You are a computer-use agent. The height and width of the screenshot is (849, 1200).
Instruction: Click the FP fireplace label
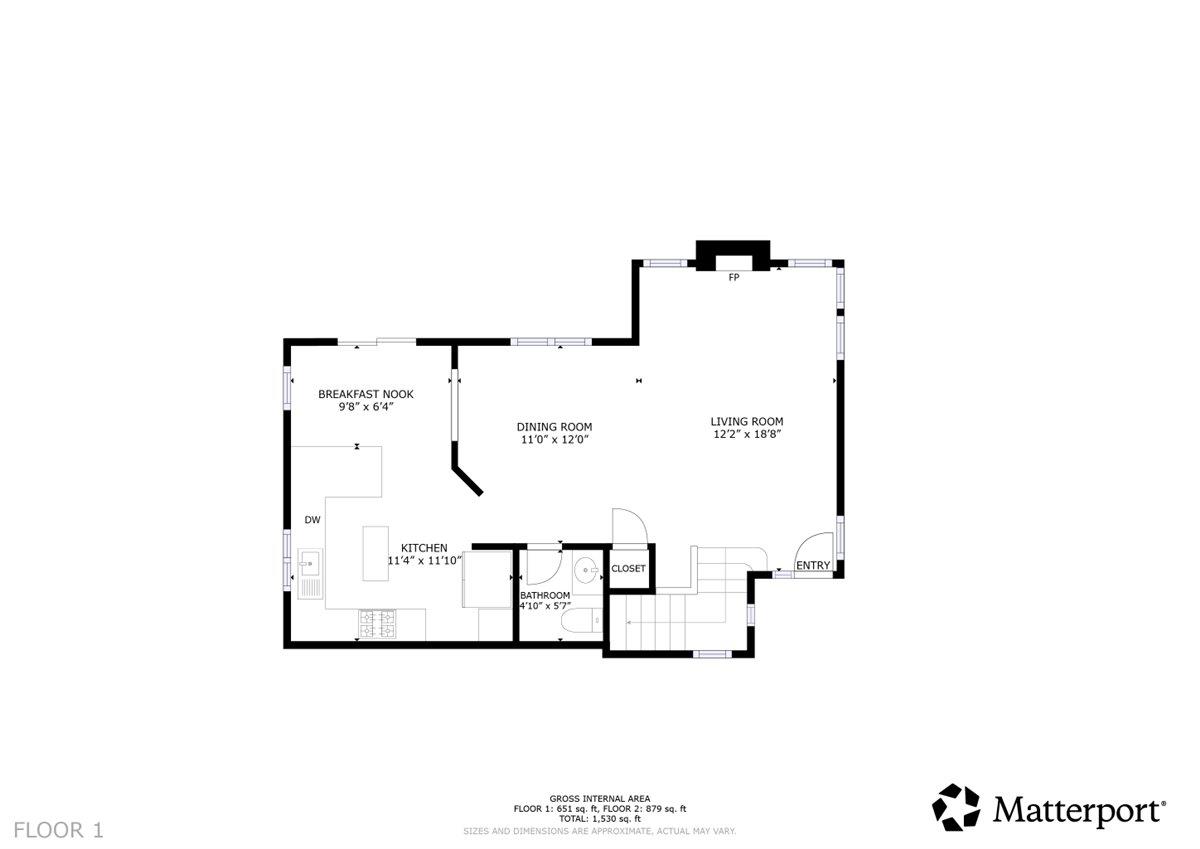[733, 277]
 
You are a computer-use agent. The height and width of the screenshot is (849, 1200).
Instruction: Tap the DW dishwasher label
[312, 520]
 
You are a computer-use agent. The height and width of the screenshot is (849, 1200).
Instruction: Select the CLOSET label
[629, 568]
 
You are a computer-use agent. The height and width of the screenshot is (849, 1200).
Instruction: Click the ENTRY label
[813, 566]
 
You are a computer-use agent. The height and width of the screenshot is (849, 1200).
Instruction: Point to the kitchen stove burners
[377, 624]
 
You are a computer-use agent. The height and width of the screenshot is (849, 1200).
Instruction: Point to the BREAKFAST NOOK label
[365, 394]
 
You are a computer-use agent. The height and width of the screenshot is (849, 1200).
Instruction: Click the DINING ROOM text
[554, 427]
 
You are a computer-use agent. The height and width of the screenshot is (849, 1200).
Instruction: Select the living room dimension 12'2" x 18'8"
[746, 435]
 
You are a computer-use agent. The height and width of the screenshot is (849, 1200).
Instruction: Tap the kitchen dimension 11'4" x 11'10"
[425, 561]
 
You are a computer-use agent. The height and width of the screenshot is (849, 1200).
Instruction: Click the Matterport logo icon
[958, 807]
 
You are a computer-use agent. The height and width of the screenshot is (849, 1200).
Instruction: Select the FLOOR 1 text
[58, 829]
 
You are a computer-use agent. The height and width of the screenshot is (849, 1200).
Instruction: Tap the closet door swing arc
[631, 525]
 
